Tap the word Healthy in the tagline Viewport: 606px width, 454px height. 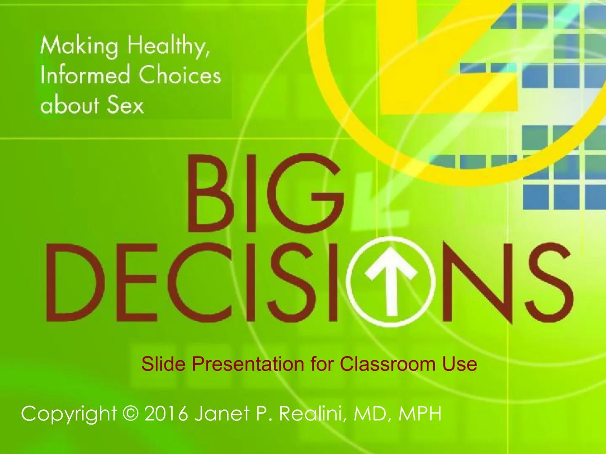[168, 46]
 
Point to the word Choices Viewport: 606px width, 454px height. [180, 76]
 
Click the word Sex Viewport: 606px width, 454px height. [125, 105]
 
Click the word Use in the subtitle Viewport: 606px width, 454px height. [459, 364]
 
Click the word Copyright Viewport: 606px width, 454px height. [69, 414]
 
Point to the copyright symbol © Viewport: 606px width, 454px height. [131, 414]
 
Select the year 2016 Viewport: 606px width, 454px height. [166, 414]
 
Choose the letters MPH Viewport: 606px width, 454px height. [420, 414]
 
